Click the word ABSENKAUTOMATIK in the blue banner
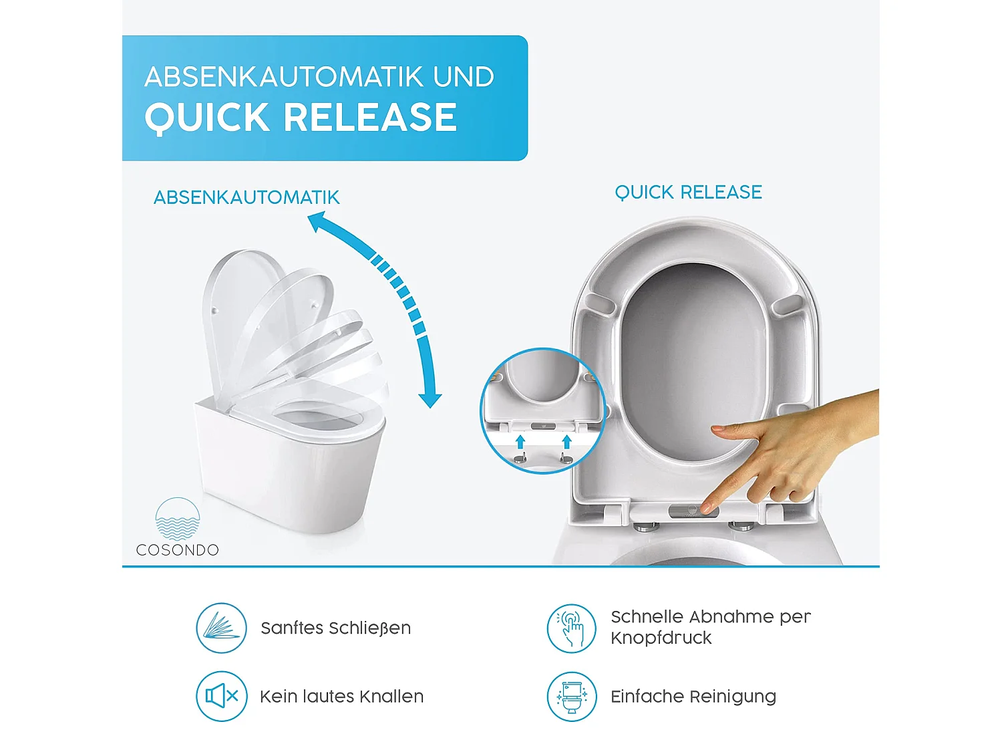[285, 77]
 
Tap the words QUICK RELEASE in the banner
[301, 118]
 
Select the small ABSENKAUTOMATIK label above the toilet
[246, 198]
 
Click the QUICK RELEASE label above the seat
[688, 193]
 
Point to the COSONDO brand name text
[178, 550]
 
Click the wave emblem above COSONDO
[178, 519]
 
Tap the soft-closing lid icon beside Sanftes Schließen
[222, 628]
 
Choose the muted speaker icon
[222, 697]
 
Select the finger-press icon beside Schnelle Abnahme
[571, 628]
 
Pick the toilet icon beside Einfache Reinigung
[571, 697]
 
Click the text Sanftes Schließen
[335, 628]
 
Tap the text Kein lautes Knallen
[341, 697]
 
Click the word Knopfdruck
[661, 638]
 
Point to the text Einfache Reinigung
[693, 697]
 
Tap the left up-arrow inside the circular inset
[520, 441]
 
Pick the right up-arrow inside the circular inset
[566, 441]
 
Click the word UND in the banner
[464, 77]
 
